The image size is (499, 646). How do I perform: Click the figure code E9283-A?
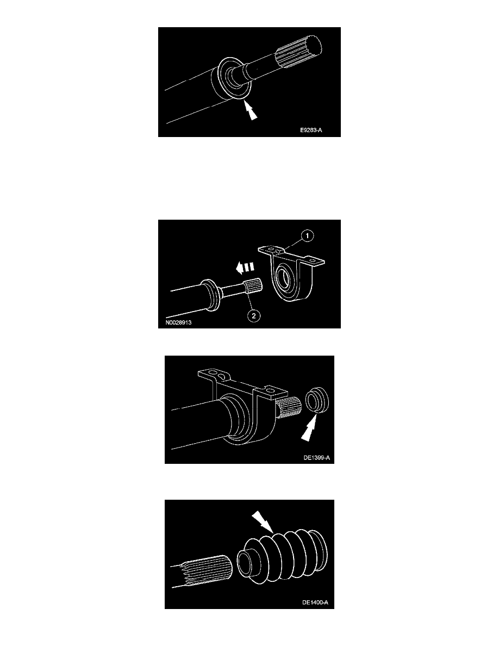tap(311, 130)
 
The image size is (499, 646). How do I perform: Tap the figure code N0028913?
tap(178, 322)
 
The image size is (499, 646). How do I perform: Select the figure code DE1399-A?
tap(316, 457)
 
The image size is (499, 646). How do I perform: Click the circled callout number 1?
tap(307, 236)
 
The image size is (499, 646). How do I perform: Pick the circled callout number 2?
tap(254, 315)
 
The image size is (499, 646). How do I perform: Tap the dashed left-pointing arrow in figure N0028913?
tap(245, 268)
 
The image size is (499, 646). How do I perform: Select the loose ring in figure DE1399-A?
tap(318, 402)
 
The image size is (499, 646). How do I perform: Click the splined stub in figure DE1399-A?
tap(289, 407)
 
